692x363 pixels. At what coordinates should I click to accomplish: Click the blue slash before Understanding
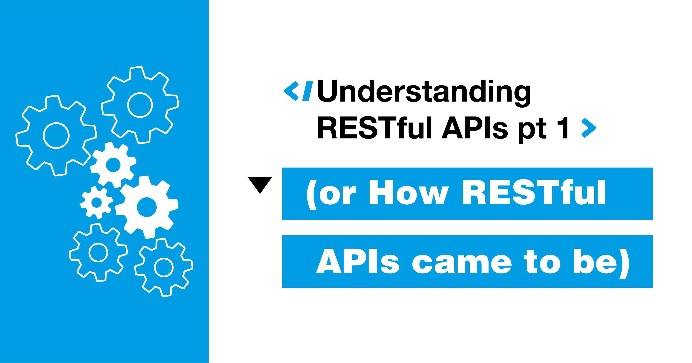pos(307,91)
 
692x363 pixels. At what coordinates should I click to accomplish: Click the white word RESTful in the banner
pos(533,192)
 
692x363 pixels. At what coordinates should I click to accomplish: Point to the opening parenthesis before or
pos(312,194)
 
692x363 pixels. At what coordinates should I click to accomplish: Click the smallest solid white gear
pos(96,202)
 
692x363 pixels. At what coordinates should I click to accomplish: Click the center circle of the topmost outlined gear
pos(140,105)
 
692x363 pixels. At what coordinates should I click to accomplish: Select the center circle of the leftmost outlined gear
pos(56,136)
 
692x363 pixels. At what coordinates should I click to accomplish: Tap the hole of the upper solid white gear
pos(113,165)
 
